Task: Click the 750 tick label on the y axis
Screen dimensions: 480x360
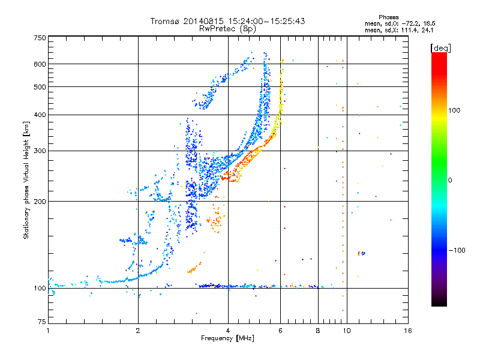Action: (40, 38)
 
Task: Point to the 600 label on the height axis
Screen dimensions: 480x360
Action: (40, 64)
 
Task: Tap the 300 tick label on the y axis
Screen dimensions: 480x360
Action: (40, 151)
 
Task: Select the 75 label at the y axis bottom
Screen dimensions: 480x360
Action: (42, 322)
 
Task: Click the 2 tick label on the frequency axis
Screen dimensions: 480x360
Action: (138, 331)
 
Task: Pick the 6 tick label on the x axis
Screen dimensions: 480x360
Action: (280, 331)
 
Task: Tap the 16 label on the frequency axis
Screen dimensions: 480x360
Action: (408, 331)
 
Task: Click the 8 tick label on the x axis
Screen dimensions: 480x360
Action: (318, 331)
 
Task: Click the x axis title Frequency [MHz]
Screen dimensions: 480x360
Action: (227, 338)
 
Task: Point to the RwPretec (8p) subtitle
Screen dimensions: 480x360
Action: (227, 29)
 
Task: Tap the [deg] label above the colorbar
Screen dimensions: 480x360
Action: (440, 48)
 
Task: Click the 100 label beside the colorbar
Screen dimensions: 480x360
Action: (454, 110)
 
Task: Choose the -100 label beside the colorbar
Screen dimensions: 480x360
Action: (457, 250)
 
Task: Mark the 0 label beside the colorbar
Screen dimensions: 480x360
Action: (450, 181)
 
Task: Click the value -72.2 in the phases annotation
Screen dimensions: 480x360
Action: (410, 23)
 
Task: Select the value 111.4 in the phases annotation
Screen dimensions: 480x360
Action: (410, 31)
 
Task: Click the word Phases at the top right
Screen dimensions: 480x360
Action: (388, 17)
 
